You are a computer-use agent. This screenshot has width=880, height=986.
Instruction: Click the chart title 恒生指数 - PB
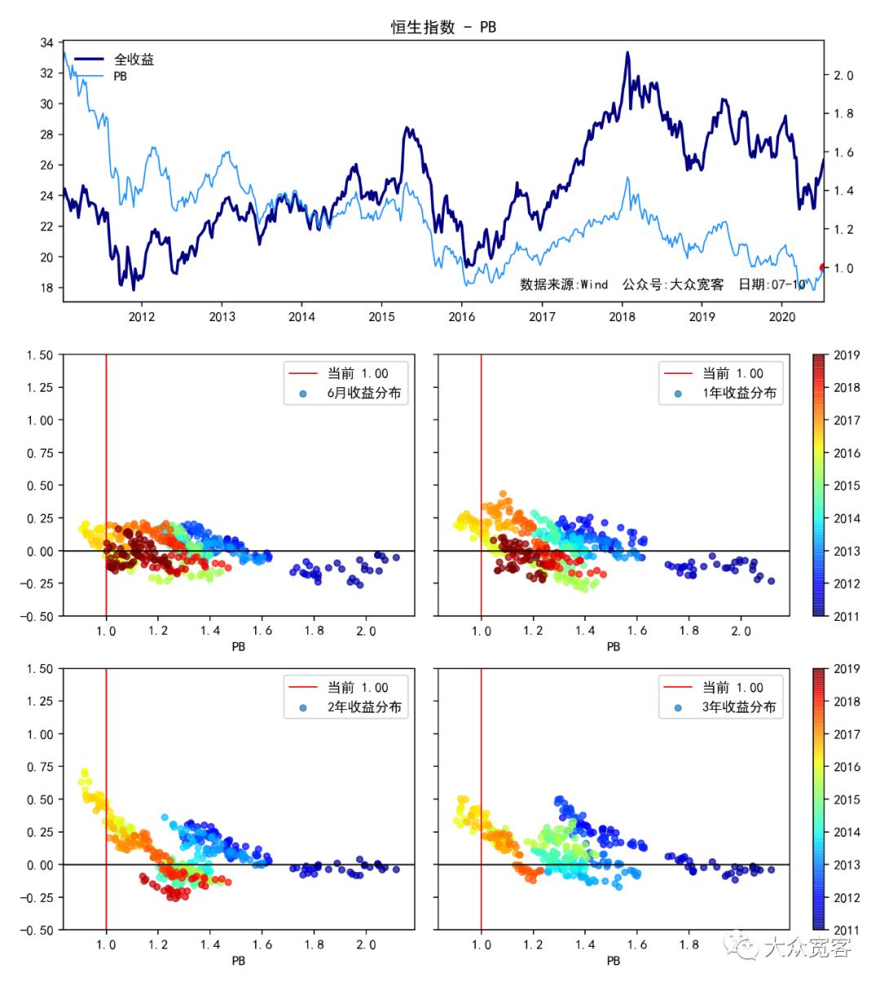click(443, 27)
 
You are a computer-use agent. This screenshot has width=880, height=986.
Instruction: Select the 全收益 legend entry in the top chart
click(134, 59)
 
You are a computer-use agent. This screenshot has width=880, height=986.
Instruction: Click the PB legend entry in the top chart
click(120, 77)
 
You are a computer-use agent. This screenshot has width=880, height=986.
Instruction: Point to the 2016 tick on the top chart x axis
click(461, 316)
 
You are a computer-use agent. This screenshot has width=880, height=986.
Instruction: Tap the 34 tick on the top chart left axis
click(47, 42)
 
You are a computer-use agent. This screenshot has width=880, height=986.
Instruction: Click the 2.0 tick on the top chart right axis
click(843, 76)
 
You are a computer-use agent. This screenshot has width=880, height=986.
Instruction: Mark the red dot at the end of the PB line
click(823, 266)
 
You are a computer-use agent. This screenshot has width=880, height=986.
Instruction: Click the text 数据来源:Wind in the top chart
click(564, 284)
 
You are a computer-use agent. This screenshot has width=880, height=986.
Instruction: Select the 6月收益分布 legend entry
click(363, 393)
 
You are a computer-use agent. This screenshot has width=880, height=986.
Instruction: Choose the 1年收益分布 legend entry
click(739, 393)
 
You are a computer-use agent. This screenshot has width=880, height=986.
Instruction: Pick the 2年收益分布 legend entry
click(363, 706)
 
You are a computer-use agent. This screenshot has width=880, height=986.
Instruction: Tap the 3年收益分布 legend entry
click(739, 706)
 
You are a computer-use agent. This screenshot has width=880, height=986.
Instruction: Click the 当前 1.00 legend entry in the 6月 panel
click(358, 374)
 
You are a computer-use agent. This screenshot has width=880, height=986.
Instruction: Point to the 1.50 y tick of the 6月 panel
click(39, 355)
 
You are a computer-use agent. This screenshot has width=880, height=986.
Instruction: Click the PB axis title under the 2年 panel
click(238, 961)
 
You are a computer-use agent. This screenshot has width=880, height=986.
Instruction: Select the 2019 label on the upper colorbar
click(847, 355)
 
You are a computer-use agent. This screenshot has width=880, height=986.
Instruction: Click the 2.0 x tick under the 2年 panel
click(366, 945)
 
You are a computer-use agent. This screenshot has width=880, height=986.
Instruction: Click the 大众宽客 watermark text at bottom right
click(807, 947)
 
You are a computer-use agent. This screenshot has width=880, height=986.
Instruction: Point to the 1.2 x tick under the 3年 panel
click(533, 945)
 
